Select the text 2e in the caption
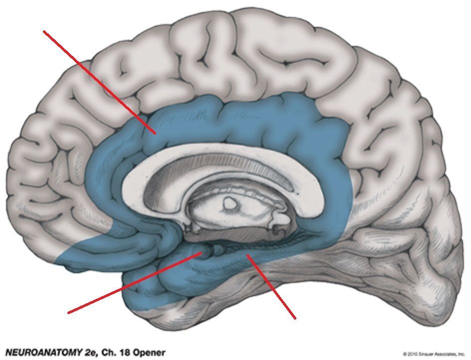(x=88, y=353)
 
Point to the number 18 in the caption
(x=124, y=353)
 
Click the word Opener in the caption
(x=149, y=353)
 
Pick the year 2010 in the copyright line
(x=413, y=354)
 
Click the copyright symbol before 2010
(x=405, y=354)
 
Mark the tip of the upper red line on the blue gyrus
(x=156, y=133)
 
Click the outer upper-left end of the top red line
(x=44, y=31)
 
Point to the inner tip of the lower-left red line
(x=202, y=253)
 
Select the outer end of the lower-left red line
(x=68, y=313)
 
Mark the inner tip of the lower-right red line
(x=247, y=255)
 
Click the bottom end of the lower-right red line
(x=295, y=318)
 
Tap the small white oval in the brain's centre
(x=230, y=203)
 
